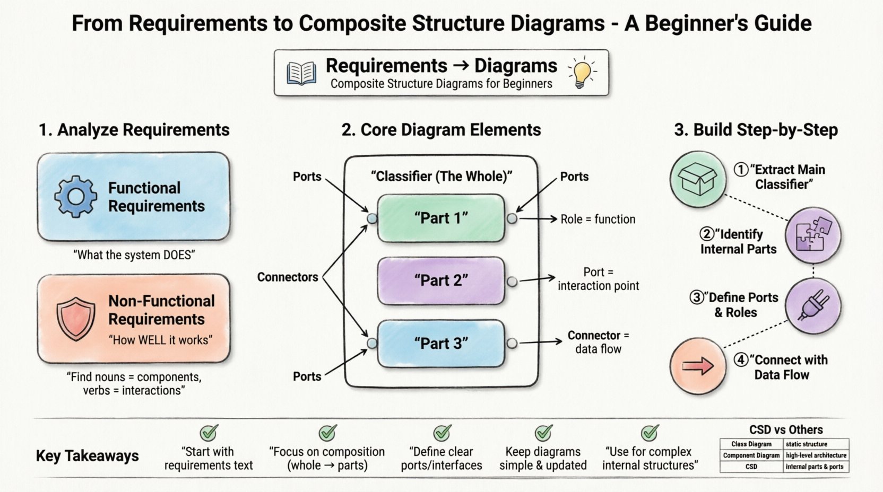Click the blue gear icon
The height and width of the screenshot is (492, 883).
tap(76, 197)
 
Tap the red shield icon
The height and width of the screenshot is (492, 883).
tap(76, 319)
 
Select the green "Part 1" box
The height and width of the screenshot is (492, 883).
tap(441, 218)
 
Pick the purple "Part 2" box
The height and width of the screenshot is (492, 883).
tap(441, 280)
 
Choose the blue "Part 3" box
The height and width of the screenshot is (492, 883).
tap(441, 344)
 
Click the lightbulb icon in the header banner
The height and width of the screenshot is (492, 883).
tap(582, 73)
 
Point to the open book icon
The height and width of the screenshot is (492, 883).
tap(301, 73)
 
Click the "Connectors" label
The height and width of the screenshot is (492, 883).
tap(288, 277)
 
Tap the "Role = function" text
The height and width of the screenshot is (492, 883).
tap(598, 219)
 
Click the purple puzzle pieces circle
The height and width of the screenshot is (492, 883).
tap(813, 235)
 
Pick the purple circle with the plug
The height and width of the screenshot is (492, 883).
tap(813, 306)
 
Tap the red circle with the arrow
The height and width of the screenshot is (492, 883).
tap(698, 366)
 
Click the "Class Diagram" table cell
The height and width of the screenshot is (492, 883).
tap(751, 444)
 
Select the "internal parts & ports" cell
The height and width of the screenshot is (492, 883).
tap(816, 467)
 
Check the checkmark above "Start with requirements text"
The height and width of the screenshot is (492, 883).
tap(209, 433)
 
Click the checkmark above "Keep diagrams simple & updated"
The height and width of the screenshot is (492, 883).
tap(543, 433)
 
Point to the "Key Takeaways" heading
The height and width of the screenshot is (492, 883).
tap(88, 456)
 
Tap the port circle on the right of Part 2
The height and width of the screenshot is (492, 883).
tap(512, 282)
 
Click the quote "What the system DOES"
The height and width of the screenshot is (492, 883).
tap(134, 255)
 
